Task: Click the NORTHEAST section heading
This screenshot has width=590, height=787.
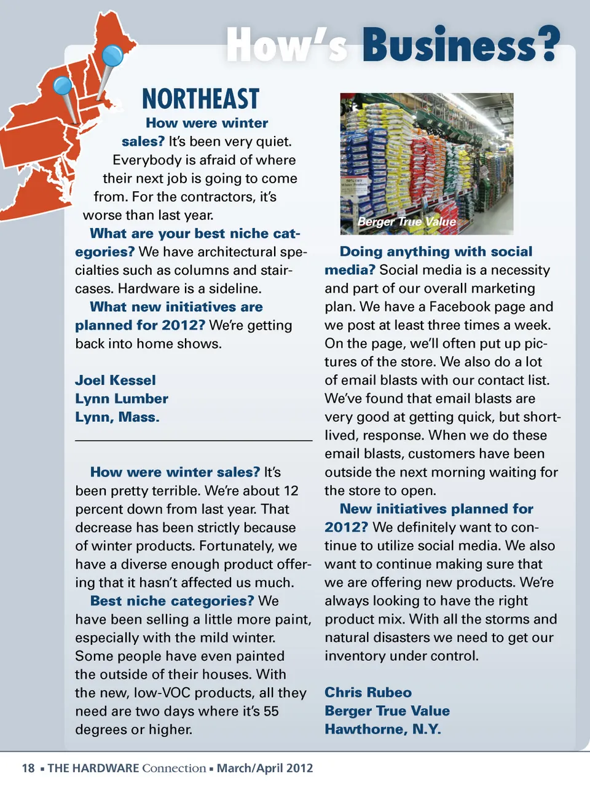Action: click(200, 100)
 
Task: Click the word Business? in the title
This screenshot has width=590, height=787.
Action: click(461, 45)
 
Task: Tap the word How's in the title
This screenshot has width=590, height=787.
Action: click(286, 45)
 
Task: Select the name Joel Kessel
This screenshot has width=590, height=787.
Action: click(116, 381)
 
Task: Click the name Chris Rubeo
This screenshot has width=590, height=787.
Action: click(368, 693)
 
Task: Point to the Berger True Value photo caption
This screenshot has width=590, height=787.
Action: click(407, 222)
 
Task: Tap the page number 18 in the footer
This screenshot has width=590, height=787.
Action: click(28, 768)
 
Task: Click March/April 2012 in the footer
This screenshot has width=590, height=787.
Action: click(265, 768)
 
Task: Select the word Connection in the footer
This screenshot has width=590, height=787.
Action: click(174, 768)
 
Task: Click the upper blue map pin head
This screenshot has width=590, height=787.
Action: click(112, 56)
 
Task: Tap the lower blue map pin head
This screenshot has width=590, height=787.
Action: click(63, 85)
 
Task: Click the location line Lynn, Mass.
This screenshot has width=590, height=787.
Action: click(117, 417)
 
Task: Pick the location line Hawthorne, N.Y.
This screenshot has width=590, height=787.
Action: click(383, 730)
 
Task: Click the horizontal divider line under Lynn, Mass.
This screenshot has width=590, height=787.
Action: click(194, 441)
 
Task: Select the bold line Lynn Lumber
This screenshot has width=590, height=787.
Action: click(122, 399)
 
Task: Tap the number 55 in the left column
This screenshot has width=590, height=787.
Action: click(271, 711)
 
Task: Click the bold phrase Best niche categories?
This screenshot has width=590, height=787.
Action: click(172, 601)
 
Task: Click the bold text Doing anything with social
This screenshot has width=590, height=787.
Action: click(436, 251)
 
